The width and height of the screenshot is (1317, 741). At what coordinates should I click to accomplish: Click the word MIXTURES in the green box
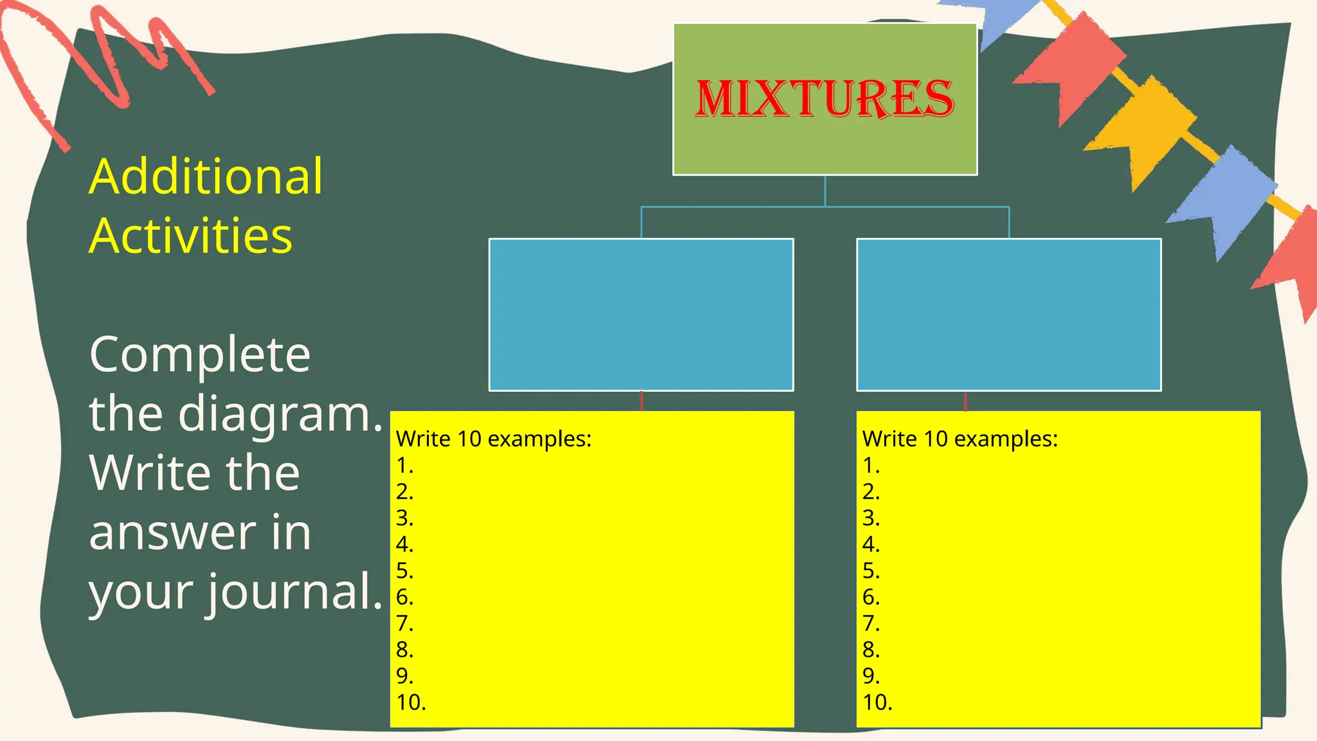pyautogui.click(x=824, y=99)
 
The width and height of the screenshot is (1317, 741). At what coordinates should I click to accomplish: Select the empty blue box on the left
pyautogui.click(x=641, y=315)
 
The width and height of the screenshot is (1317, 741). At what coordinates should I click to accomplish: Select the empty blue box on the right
pyautogui.click(x=1008, y=315)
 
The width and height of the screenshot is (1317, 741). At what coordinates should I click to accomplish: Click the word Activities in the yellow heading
pyautogui.click(x=191, y=235)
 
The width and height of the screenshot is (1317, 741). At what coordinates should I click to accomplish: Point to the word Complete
pyautogui.click(x=200, y=354)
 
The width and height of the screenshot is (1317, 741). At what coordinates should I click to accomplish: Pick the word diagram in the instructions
pyautogui.click(x=280, y=414)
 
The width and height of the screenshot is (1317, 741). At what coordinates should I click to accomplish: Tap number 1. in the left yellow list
pyautogui.click(x=404, y=465)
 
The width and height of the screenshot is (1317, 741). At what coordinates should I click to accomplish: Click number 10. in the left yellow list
pyautogui.click(x=411, y=702)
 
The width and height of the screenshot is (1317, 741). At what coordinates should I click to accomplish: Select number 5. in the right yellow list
pyautogui.click(x=871, y=571)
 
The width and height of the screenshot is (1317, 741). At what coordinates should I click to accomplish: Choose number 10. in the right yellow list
pyautogui.click(x=877, y=702)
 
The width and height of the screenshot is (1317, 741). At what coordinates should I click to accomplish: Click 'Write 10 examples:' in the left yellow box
pyautogui.click(x=493, y=439)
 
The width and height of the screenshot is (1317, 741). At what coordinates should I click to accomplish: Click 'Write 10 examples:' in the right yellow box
pyautogui.click(x=959, y=439)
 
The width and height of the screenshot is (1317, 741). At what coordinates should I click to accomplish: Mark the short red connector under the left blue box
pyautogui.click(x=642, y=401)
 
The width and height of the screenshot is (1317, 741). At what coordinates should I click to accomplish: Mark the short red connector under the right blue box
pyautogui.click(x=965, y=401)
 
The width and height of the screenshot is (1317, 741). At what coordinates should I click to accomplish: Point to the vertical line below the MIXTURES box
pyautogui.click(x=825, y=190)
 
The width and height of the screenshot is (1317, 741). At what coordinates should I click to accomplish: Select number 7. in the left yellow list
pyautogui.click(x=404, y=623)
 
